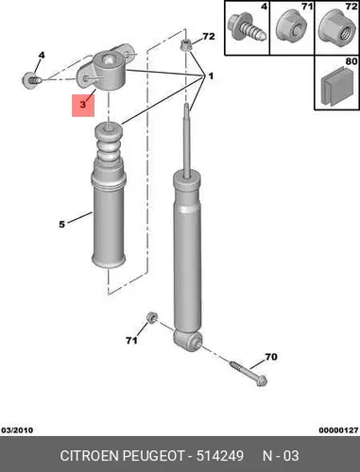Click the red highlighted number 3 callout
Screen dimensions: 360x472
click(83, 106)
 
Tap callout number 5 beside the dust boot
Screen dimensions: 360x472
click(61, 225)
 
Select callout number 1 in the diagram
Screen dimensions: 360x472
click(211, 76)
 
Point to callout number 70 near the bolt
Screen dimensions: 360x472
click(271, 357)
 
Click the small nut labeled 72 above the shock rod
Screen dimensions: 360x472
click(186, 44)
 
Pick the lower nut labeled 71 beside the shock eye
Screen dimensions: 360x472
click(151, 317)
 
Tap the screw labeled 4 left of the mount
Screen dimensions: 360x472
click(31, 80)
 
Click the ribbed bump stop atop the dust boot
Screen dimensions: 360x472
click(109, 143)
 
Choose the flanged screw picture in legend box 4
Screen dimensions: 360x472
click(248, 27)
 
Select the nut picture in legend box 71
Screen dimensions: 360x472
click(292, 26)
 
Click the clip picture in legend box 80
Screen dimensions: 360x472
click(337, 86)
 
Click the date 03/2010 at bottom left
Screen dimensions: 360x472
click(17, 430)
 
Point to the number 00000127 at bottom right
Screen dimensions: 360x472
click(338, 430)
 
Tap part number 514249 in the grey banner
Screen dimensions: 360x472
click(220, 456)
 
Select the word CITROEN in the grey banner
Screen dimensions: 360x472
click(90, 456)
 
